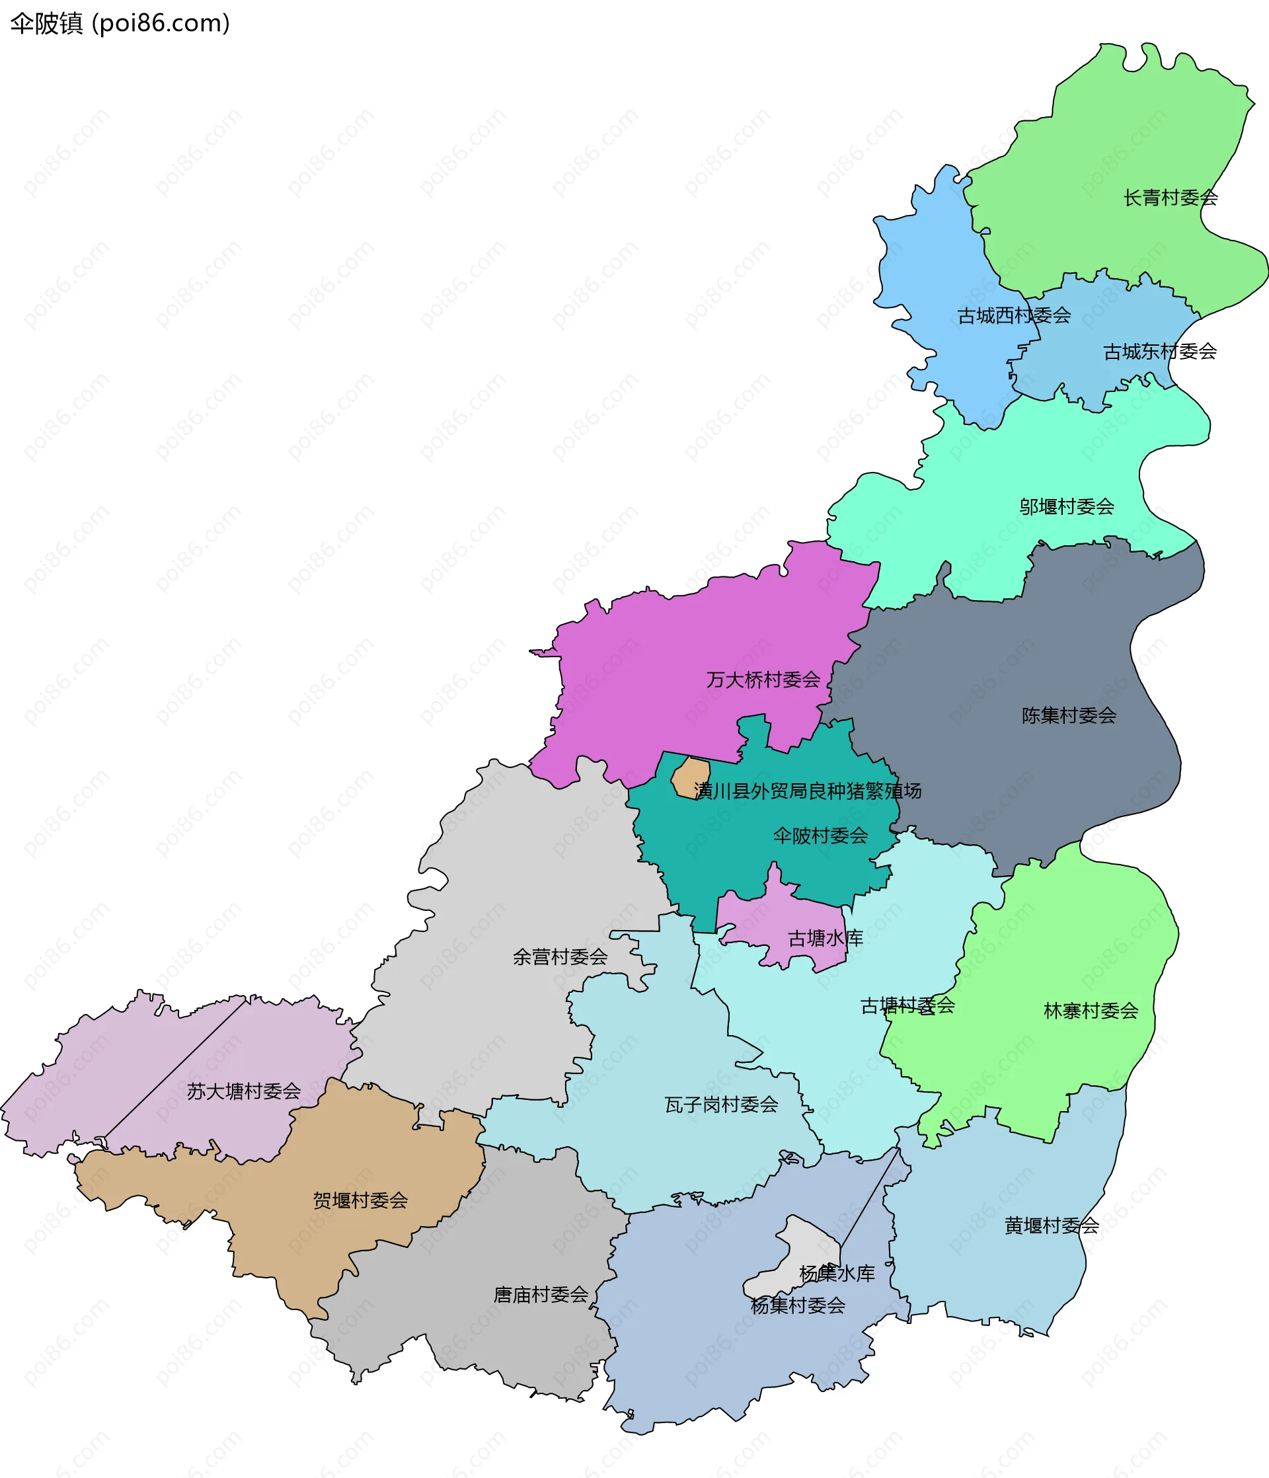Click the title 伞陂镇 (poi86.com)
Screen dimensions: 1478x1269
click(x=120, y=24)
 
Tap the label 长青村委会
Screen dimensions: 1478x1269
click(x=1170, y=198)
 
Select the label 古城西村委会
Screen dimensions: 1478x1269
click(x=1014, y=315)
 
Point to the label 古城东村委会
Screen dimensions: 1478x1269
click(x=1159, y=351)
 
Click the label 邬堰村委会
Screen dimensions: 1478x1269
click(x=1066, y=506)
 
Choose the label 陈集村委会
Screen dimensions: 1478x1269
click(x=1069, y=715)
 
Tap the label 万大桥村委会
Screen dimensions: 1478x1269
click(x=763, y=680)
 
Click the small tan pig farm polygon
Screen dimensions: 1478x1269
click(x=691, y=777)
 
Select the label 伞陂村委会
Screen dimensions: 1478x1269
click(x=820, y=836)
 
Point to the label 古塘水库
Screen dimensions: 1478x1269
click(x=826, y=938)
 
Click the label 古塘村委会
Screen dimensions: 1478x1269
click(x=907, y=1005)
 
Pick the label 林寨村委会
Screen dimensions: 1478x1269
click(x=1091, y=1010)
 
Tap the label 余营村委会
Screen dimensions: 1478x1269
click(x=560, y=956)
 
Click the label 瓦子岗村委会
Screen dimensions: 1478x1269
click(x=721, y=1105)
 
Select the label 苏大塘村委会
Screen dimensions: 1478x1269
click(x=244, y=1091)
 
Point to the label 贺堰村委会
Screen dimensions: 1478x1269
click(x=360, y=1200)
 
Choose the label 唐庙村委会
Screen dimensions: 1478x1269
click(x=541, y=1295)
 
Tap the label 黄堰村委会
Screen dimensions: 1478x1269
click(x=1052, y=1225)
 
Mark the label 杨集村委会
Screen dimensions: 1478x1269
click(x=798, y=1305)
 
